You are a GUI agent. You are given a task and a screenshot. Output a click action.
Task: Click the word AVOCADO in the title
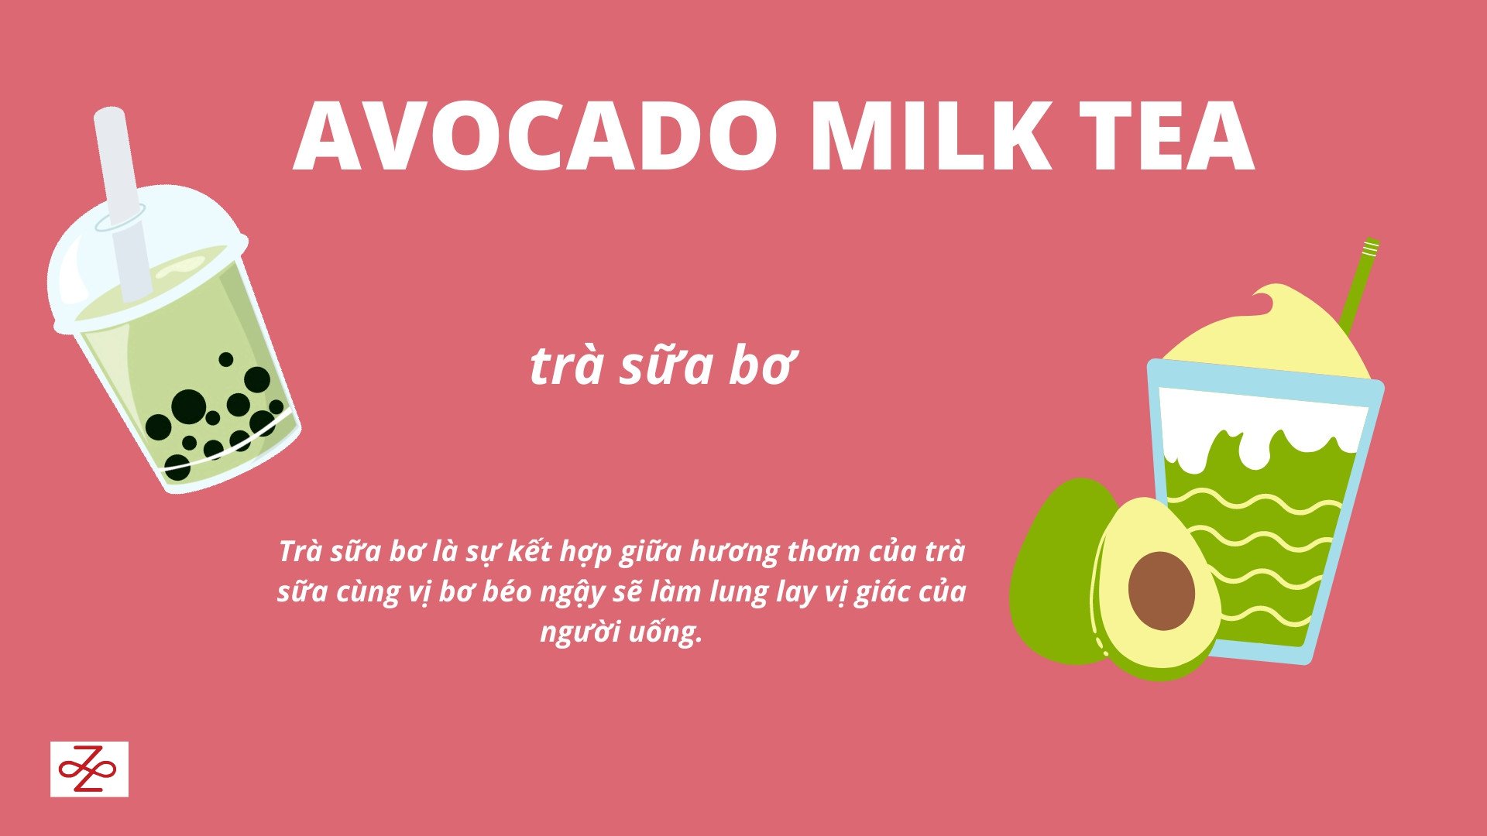[x=535, y=136]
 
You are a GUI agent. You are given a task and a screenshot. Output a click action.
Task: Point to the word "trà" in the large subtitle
[x=566, y=367]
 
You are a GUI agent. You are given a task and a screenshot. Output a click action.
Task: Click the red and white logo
[x=89, y=769]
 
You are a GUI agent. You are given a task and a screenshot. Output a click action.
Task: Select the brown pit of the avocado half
[x=1161, y=591]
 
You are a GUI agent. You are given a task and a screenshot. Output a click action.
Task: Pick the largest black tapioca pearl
[x=188, y=407]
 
